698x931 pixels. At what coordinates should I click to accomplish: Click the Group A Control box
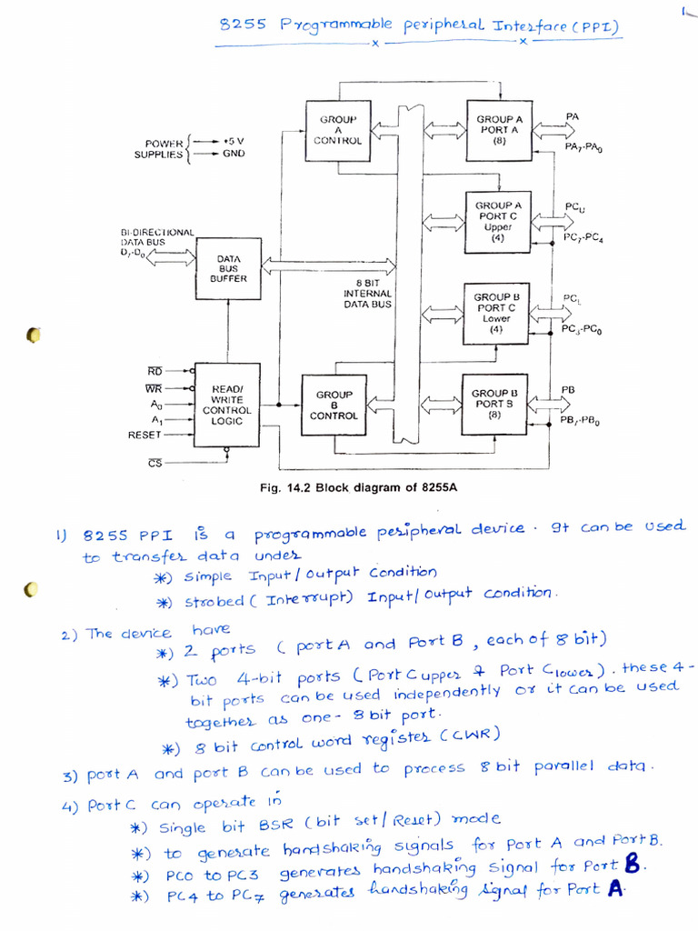click(x=337, y=131)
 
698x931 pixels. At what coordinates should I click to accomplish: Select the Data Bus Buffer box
click(x=227, y=268)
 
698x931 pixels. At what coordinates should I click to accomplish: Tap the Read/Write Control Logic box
click(x=226, y=404)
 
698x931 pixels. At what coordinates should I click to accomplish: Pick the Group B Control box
click(x=334, y=405)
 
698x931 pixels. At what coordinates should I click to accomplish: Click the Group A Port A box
click(x=499, y=131)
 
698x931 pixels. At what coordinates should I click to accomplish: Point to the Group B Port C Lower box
click(x=496, y=313)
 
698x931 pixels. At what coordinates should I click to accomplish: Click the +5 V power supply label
click(x=234, y=141)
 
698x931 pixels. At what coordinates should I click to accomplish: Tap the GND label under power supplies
click(x=234, y=155)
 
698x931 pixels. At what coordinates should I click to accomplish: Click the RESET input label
click(x=145, y=435)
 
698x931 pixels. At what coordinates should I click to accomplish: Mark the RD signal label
click(x=155, y=371)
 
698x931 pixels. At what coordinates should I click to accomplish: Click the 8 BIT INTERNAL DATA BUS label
click(x=367, y=293)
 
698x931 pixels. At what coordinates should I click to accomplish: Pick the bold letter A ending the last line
click(x=615, y=891)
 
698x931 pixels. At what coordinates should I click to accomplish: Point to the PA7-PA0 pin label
click(x=583, y=147)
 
